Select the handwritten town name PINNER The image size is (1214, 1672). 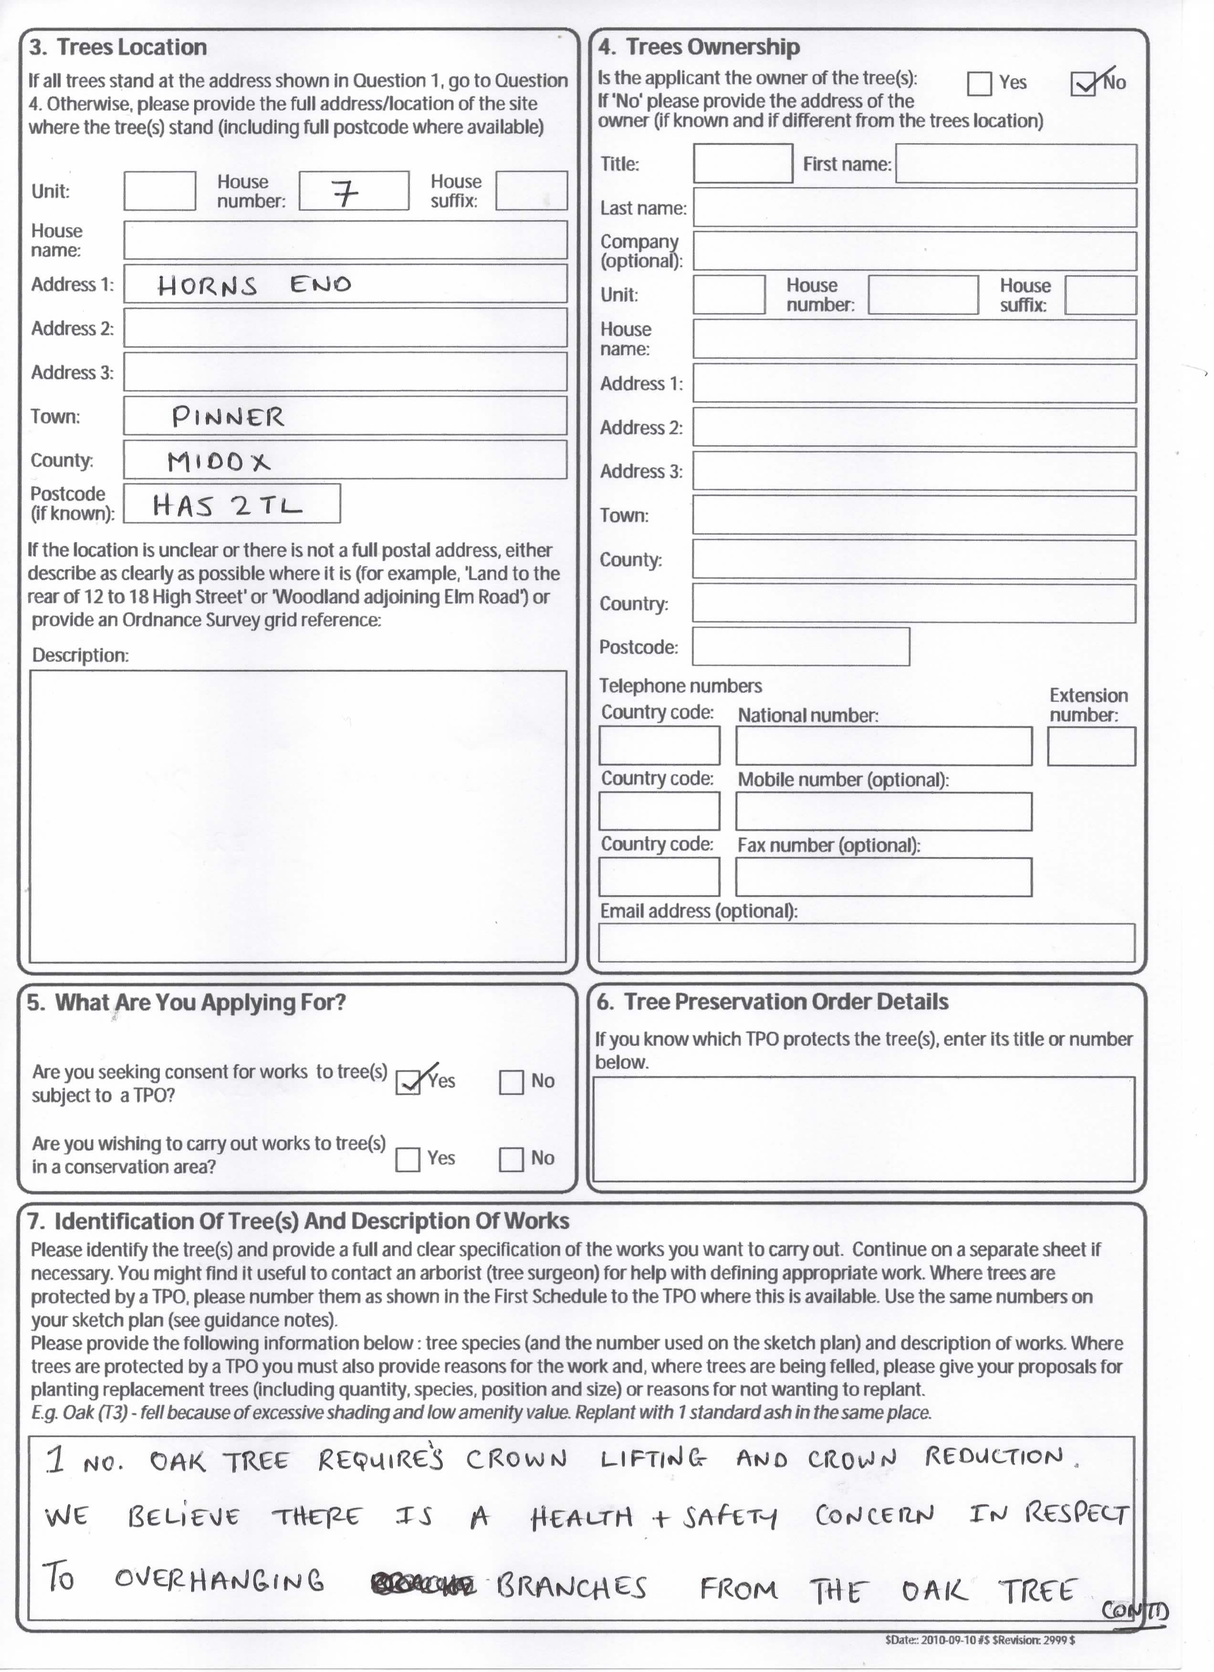click(228, 417)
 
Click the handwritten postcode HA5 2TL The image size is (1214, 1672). click(227, 506)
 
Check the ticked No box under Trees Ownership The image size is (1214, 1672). click(1082, 84)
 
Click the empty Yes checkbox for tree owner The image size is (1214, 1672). click(979, 84)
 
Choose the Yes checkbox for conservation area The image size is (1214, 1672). click(408, 1159)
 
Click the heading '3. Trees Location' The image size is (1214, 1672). click(118, 47)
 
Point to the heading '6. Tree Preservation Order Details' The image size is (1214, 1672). click(773, 1002)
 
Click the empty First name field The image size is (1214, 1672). click(1015, 164)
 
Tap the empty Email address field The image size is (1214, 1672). click(866, 943)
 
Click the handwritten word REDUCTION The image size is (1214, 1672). click(994, 1457)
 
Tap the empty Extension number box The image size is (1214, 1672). click(1091, 746)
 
